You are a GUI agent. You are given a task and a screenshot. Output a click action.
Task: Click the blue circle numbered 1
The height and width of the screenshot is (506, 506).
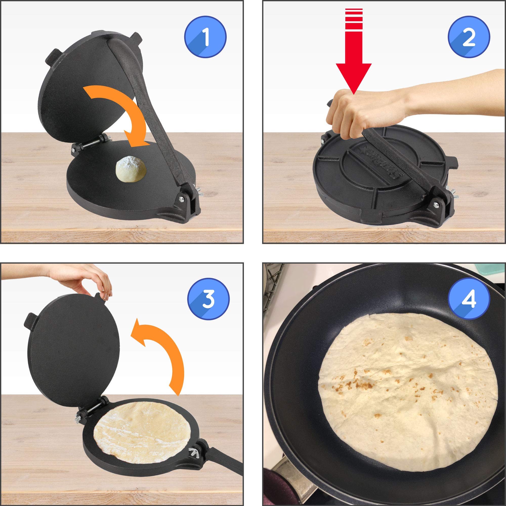(x=205, y=38)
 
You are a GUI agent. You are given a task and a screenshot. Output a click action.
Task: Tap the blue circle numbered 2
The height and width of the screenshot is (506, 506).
(x=469, y=38)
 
